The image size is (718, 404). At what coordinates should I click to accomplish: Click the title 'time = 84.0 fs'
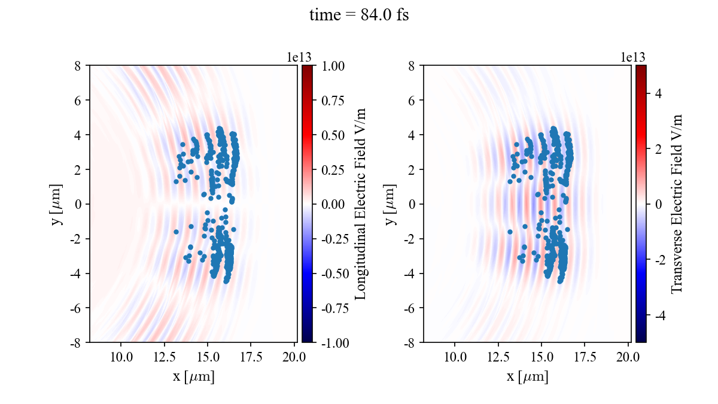click(x=359, y=16)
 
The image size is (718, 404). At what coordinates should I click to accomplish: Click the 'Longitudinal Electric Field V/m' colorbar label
click(x=361, y=204)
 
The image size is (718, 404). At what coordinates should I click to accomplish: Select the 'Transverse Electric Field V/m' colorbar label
click(x=677, y=204)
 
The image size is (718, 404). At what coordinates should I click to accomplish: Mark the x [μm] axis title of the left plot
click(x=193, y=377)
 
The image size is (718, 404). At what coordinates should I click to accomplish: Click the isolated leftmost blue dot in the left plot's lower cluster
click(x=176, y=232)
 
